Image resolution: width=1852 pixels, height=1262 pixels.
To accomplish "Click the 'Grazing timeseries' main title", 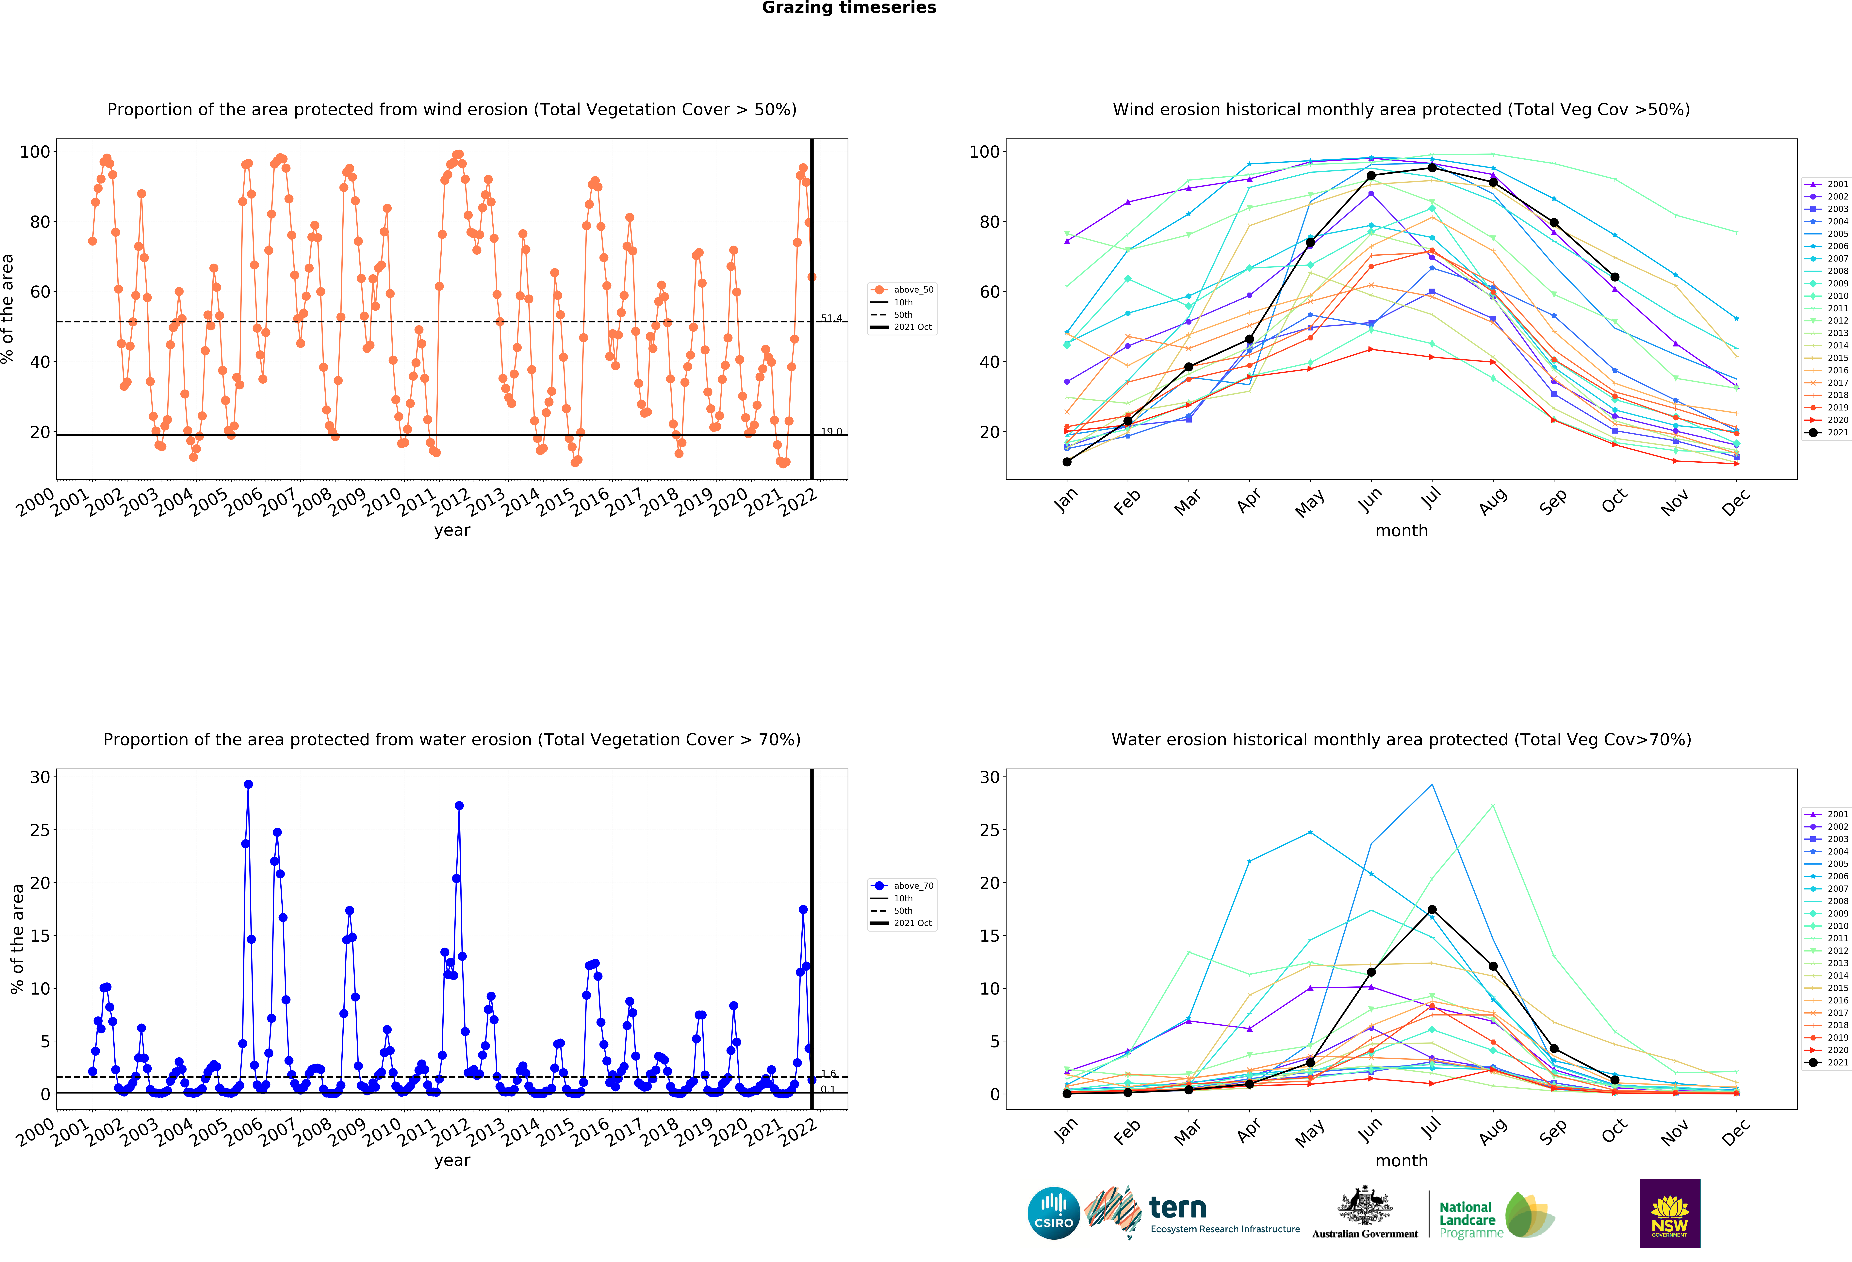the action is pos(849,8).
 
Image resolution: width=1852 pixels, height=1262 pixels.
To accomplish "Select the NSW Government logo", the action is pos(1669,1213).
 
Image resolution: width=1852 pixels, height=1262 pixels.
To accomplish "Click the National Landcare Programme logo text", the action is pos(1470,1220).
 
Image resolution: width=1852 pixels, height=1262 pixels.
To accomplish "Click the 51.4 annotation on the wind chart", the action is pos(831,318).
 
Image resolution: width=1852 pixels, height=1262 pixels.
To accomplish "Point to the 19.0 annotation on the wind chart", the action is pos(831,431).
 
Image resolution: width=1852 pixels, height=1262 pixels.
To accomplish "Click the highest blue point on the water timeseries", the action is pos(248,784).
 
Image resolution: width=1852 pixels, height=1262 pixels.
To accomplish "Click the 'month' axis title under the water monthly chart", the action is pos(1401,1161).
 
